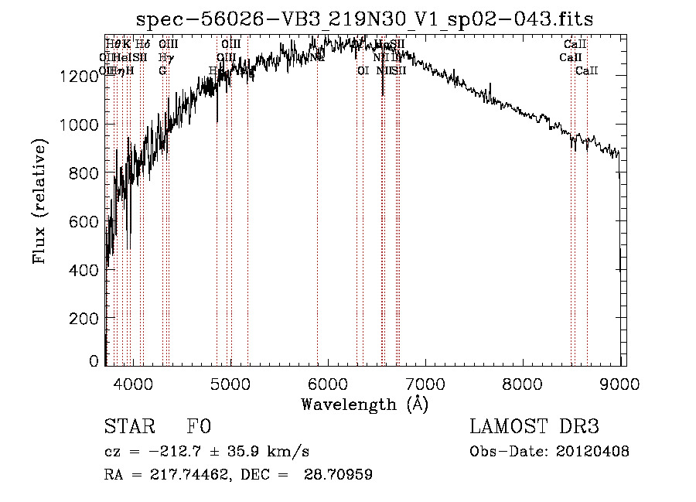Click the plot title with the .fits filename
(365, 19)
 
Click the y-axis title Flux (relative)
(39, 201)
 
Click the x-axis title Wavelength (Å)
(364, 405)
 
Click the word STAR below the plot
(128, 428)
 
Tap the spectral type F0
(200, 428)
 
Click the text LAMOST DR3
(534, 428)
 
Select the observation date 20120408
(592, 452)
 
